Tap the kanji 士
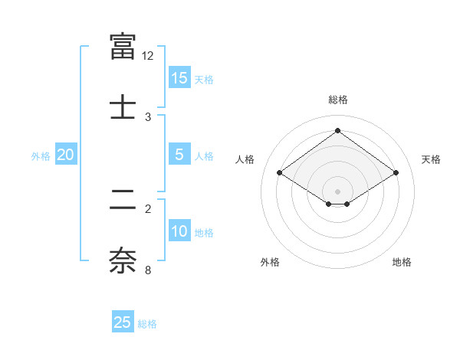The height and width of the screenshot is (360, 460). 123,105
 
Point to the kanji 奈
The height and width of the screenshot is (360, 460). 123,259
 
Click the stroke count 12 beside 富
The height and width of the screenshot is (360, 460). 148,55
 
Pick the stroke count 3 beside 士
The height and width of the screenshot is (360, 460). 148,116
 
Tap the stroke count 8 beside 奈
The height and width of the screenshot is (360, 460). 148,270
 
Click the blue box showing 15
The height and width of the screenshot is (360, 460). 179,78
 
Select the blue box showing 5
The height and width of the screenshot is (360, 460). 179,155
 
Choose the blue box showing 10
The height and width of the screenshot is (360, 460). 179,231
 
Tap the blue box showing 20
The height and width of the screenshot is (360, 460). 66,155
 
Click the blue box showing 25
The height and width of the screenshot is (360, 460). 123,322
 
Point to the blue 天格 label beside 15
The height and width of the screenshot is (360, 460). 204,80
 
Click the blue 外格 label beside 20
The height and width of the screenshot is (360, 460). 41,156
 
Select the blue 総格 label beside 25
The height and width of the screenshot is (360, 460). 147,324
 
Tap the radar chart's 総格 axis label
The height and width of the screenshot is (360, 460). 338,100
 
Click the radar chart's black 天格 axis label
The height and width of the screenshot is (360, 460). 431,159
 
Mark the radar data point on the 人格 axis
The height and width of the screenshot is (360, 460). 280,173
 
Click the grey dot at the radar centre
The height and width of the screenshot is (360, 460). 338,190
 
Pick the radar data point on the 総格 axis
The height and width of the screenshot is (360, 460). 338,131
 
